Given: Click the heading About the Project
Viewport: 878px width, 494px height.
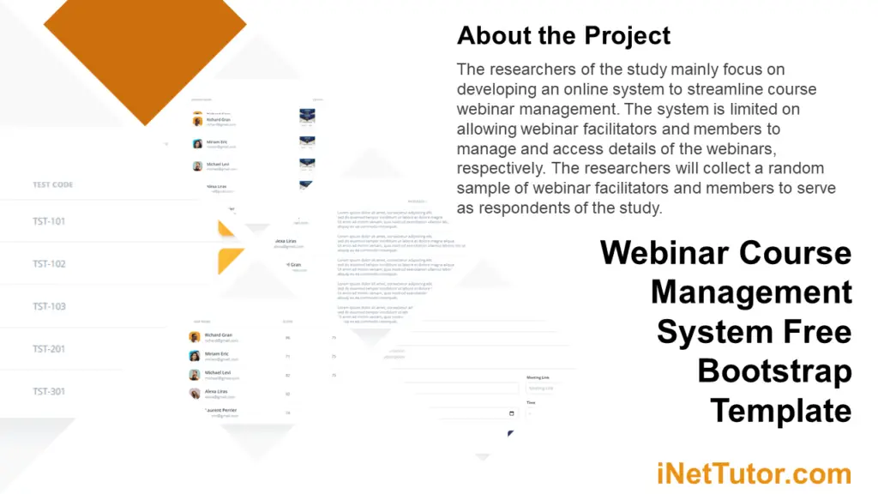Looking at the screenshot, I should tap(563, 36).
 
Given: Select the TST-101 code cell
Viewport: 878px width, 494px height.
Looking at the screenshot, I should tap(49, 221).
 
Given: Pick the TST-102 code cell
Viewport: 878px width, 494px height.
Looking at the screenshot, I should tap(49, 264).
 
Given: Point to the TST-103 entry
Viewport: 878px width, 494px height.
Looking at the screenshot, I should tap(49, 306).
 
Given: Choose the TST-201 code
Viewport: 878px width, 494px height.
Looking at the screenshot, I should tap(49, 349).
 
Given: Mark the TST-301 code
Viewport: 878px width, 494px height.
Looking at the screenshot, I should tap(49, 391).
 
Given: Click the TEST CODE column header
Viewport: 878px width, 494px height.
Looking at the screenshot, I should tap(52, 184).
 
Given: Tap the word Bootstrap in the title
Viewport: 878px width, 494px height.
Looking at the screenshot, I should tap(774, 371).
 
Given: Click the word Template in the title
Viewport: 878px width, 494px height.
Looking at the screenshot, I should tap(780, 411).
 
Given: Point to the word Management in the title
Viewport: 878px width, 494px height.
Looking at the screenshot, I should tap(751, 292).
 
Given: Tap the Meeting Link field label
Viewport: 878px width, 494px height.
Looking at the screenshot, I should tap(539, 377).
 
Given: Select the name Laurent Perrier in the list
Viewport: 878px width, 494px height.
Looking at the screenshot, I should tap(220, 411).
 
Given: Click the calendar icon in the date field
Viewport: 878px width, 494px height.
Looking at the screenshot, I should tap(512, 413).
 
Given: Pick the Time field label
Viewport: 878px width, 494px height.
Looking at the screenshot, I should tap(531, 402).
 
